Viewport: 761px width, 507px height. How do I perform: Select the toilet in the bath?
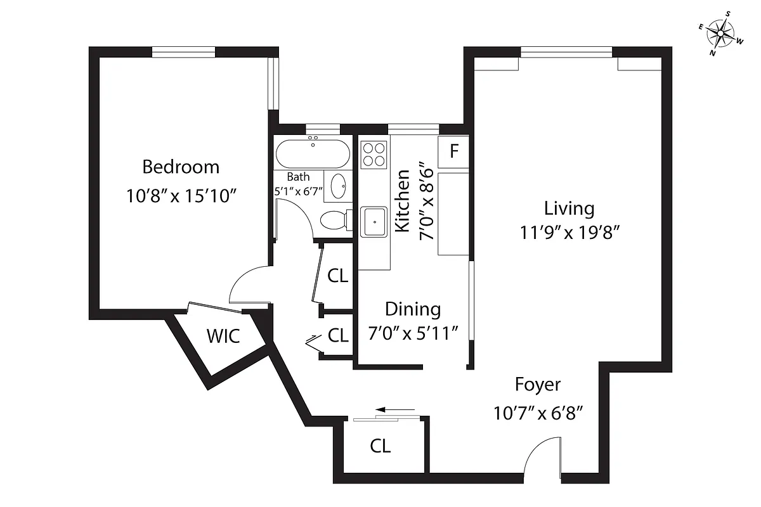click(x=334, y=221)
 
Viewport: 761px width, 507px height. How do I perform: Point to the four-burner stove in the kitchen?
click(x=374, y=155)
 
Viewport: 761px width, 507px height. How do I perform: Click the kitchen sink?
click(x=374, y=222)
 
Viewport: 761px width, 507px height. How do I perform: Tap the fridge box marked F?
click(x=453, y=152)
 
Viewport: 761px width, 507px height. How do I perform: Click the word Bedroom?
click(x=181, y=167)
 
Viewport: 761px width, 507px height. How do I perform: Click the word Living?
click(x=569, y=208)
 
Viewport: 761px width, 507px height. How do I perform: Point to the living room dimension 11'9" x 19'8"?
click(x=569, y=233)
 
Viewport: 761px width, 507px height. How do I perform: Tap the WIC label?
click(x=223, y=336)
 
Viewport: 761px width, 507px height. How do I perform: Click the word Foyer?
click(x=537, y=385)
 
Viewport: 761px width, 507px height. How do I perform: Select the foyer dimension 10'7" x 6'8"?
click(x=538, y=413)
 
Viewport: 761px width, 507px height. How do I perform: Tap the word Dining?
click(x=413, y=309)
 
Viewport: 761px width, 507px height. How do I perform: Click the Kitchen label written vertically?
click(x=401, y=201)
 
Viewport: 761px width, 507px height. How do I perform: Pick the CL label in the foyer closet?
click(x=380, y=446)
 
